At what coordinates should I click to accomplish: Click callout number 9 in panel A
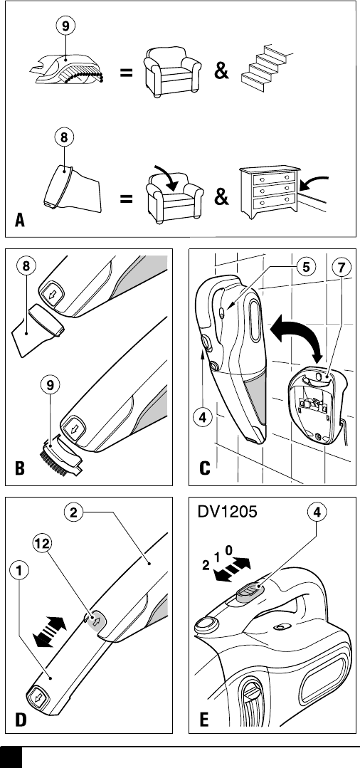65,26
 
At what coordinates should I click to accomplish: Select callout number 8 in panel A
63,137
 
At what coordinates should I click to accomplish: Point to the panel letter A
20,220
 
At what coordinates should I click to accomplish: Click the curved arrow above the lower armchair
166,175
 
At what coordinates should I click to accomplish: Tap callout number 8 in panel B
26,266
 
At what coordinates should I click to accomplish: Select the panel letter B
20,468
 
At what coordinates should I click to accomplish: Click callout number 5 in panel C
307,267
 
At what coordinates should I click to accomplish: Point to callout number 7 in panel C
342,267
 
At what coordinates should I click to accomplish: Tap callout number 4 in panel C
202,417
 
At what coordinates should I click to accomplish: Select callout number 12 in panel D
43,543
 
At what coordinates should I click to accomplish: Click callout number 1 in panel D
19,569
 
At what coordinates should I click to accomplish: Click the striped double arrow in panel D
49,632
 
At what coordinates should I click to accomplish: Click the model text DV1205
227,512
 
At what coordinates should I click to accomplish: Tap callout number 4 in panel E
317,512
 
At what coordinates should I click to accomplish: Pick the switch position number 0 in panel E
228,550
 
